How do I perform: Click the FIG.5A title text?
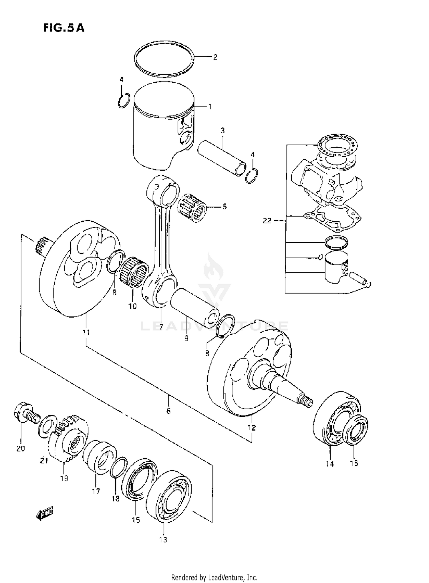pyautogui.click(x=63, y=28)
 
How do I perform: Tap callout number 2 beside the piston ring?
pyautogui.click(x=215, y=57)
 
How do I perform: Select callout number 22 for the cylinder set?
pyautogui.click(x=267, y=221)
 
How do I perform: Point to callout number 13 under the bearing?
pyautogui.click(x=163, y=539)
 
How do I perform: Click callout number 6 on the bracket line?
pyautogui.click(x=168, y=411)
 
